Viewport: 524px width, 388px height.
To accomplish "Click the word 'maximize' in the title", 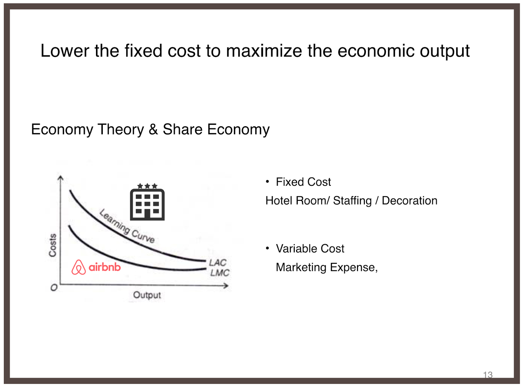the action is point(264,50).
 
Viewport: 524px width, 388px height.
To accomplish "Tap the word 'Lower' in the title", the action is point(65,50).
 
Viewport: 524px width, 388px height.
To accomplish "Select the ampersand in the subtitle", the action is point(153,129).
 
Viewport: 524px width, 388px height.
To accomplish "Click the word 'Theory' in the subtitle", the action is point(121,129).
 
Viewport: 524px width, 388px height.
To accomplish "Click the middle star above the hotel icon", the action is point(147,185).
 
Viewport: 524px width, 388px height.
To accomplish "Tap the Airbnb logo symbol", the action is point(78,267).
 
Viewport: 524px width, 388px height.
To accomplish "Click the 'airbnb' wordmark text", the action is point(104,267).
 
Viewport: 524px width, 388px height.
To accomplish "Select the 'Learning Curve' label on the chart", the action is point(127,226).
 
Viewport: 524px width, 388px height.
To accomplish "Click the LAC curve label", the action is point(217,262).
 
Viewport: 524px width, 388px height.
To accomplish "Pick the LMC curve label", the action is point(219,273).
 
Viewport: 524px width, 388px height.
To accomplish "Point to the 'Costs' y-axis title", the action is point(53,245).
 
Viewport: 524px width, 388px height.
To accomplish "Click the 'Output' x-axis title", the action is point(147,295).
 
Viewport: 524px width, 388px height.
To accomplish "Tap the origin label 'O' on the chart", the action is point(54,287).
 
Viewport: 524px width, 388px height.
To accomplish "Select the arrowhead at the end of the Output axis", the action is point(226,286).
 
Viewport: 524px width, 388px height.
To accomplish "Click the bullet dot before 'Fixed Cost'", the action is point(268,182).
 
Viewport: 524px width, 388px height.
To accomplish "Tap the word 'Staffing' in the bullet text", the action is point(352,201).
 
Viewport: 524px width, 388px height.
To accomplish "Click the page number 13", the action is point(488,375).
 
